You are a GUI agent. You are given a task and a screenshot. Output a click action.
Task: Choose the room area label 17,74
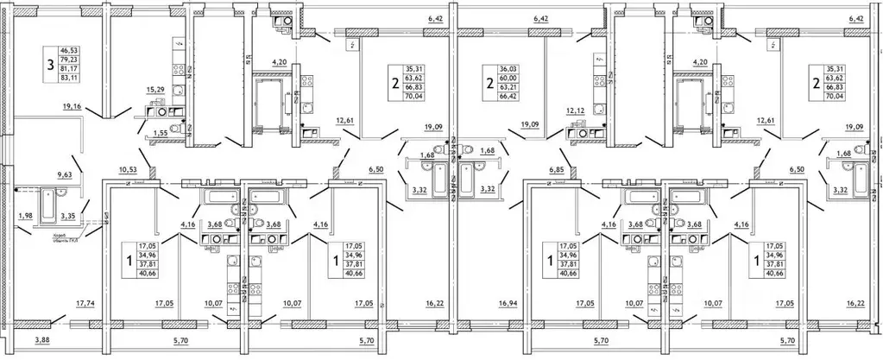(85, 303)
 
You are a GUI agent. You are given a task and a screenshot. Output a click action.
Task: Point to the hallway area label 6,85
(555, 170)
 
